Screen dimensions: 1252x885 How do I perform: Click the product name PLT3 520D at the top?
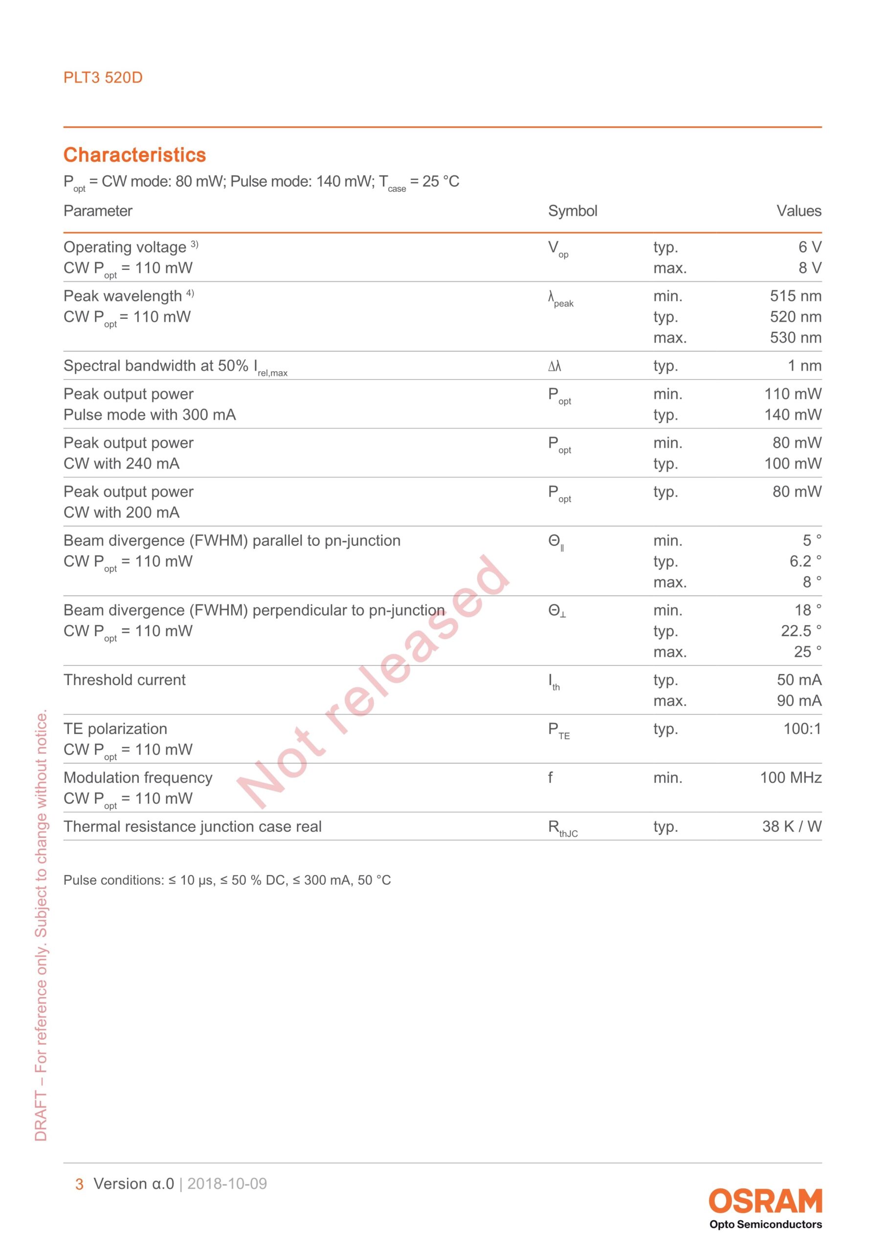[x=103, y=77]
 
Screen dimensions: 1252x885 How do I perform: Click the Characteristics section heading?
[x=134, y=155]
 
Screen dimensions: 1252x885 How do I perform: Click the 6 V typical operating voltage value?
[x=809, y=247]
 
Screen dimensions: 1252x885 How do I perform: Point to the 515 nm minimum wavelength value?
[x=795, y=296]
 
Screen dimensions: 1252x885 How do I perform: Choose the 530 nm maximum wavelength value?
[x=795, y=337]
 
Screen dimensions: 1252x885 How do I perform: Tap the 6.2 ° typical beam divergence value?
[x=805, y=561]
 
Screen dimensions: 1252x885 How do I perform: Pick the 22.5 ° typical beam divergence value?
[x=800, y=631]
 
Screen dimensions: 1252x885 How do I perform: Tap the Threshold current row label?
[x=124, y=680]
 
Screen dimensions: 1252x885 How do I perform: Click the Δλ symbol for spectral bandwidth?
[x=554, y=366]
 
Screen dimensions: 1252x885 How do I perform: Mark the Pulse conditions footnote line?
[x=227, y=880]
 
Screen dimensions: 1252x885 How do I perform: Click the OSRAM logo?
[x=765, y=1201]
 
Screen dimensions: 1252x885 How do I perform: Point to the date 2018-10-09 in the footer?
[x=227, y=1184]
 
